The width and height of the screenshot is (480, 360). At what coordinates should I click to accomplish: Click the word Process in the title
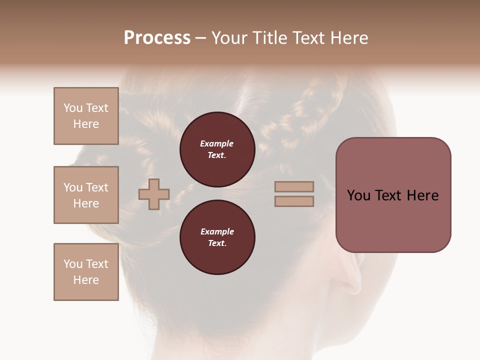157,38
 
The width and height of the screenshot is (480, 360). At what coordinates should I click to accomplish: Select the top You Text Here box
86,116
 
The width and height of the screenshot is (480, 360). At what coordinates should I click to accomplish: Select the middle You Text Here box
86,195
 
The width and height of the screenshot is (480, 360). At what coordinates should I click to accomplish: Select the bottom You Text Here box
86,272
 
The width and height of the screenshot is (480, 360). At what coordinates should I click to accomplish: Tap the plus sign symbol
154,194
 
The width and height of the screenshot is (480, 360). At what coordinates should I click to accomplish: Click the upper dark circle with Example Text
217,149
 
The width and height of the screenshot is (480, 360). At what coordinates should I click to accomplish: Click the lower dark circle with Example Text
217,237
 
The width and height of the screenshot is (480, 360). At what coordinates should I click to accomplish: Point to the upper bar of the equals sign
294,186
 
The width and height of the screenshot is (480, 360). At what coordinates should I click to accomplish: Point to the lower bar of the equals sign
294,201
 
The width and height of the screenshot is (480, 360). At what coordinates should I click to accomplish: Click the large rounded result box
393,220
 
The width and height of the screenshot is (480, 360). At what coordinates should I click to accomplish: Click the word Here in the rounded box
422,195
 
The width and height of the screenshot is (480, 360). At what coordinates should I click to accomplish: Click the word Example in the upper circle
217,143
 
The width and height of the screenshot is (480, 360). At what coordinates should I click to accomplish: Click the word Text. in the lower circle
217,243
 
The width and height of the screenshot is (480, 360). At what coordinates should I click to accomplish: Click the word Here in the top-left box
86,124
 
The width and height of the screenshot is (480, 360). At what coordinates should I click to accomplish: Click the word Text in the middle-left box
97,187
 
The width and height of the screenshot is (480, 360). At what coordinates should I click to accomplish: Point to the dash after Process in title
201,38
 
